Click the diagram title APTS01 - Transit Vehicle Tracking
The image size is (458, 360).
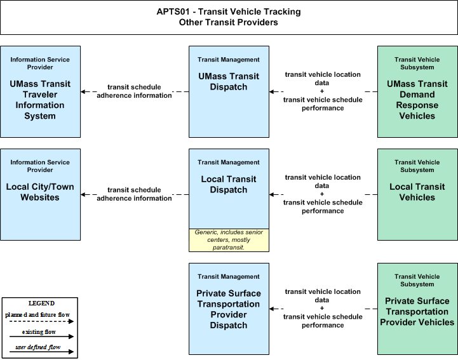click(x=229, y=11)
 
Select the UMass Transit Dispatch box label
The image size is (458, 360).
click(x=229, y=81)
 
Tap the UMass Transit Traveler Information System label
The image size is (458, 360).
click(x=40, y=100)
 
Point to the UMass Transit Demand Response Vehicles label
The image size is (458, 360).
click(x=417, y=100)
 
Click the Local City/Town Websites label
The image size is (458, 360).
click(x=40, y=192)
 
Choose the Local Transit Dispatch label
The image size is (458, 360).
click(x=229, y=184)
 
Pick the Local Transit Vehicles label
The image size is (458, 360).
click(x=417, y=192)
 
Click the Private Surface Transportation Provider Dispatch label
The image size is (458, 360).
click(x=229, y=309)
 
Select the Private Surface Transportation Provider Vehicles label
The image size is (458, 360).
click(x=417, y=312)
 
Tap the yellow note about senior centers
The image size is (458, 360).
click(x=229, y=240)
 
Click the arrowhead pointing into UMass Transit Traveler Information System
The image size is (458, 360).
click(x=83, y=91)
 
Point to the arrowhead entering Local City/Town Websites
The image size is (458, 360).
click(x=83, y=194)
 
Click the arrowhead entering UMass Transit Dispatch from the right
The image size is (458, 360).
click(x=272, y=91)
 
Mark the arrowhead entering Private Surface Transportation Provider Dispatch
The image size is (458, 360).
click(x=272, y=309)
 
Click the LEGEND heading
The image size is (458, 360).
click(x=41, y=303)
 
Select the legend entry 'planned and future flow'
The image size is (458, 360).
click(x=37, y=315)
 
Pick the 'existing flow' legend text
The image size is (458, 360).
click(x=39, y=332)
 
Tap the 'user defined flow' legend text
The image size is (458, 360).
click(x=38, y=347)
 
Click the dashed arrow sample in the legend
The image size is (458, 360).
click(x=41, y=321)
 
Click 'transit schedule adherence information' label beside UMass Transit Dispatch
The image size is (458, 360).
click(x=135, y=91)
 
